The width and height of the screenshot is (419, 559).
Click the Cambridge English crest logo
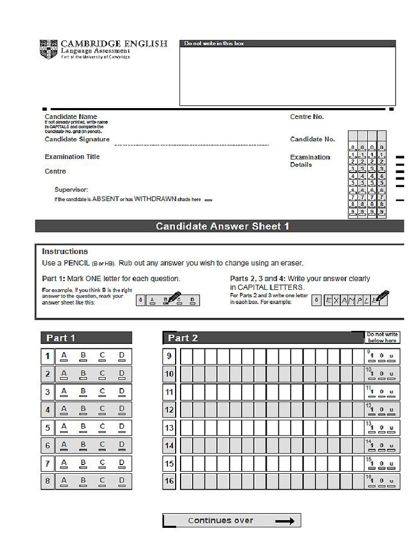tap(47, 49)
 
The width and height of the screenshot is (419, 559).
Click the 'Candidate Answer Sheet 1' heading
tap(222, 226)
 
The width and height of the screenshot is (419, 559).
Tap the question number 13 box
tap(169, 428)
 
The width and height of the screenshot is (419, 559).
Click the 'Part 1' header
tap(61, 338)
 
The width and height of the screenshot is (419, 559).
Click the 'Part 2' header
tap(183, 338)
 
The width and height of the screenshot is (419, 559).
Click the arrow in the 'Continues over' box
tap(284, 521)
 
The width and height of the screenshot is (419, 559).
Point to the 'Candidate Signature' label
tap(77, 139)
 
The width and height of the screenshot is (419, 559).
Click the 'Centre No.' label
tap(307, 117)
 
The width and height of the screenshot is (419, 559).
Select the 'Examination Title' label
tap(72, 157)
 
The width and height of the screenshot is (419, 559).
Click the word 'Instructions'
tap(64, 252)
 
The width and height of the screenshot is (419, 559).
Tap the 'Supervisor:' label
tap(71, 189)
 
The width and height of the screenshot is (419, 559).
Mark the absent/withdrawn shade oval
tap(208, 200)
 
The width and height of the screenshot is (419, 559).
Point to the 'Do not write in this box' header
tap(214, 43)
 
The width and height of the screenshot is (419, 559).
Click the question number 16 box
tap(169, 481)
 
